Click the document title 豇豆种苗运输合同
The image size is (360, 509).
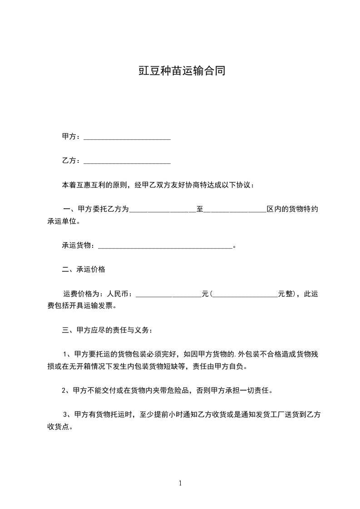pos(182,71)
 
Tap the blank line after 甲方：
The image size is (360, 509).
pos(127,137)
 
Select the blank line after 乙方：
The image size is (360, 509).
pos(127,161)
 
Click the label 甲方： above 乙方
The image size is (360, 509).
pos(71,137)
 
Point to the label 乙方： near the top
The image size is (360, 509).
pos(71,161)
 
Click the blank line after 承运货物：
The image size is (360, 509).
pos(165,246)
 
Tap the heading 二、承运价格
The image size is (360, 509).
pos(84,269)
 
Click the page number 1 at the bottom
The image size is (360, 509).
pos(180,484)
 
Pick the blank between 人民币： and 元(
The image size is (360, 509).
pos(168,294)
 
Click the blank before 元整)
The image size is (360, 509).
pos(245,294)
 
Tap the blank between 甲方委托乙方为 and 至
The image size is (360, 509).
pos(163,210)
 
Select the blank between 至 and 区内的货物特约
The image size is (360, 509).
pos(235,210)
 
